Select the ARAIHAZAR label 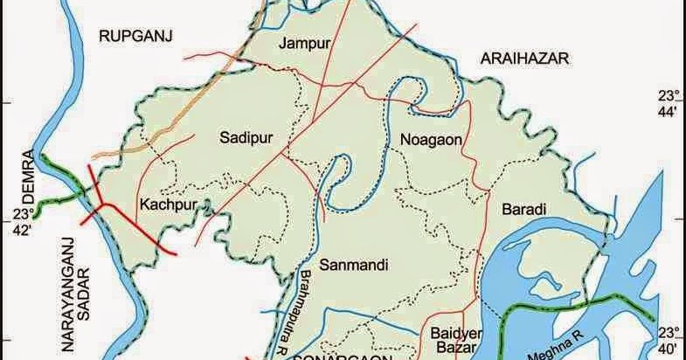tap(524, 58)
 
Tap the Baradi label tap(524, 210)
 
